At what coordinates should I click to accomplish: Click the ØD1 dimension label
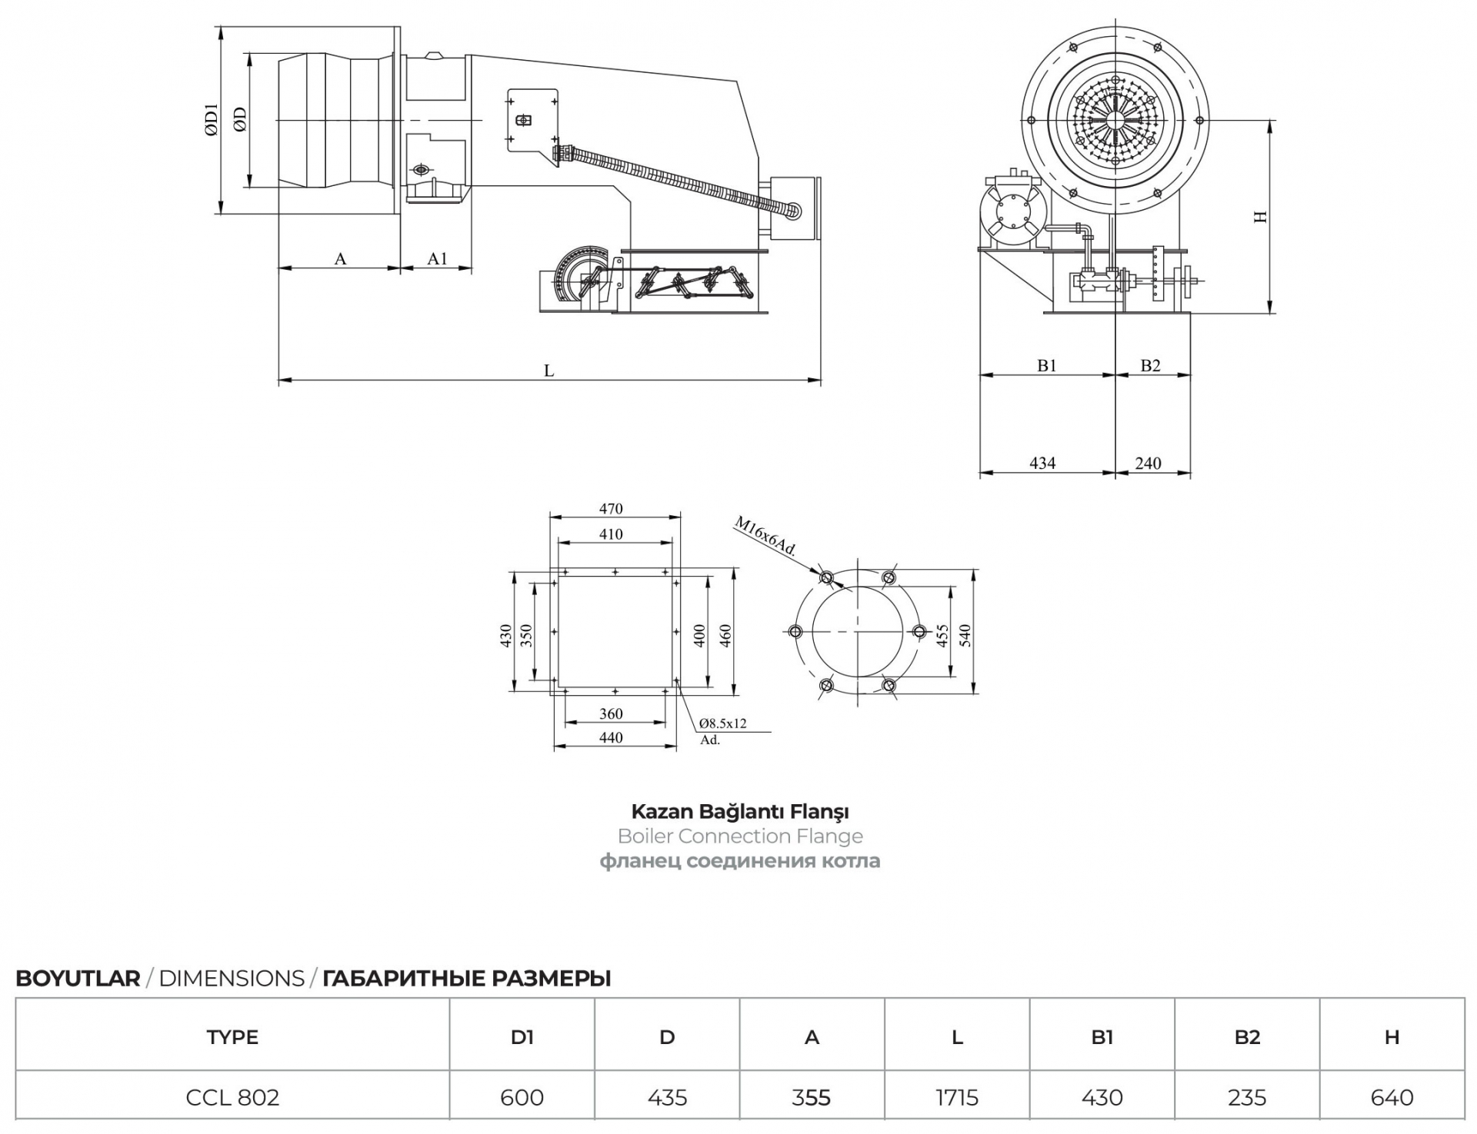[212, 120]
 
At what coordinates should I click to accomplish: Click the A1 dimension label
[437, 258]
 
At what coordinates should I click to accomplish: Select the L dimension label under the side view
[548, 371]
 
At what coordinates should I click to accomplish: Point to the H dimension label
[1260, 217]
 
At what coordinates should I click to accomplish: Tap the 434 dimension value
[1042, 463]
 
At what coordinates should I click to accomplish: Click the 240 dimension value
[1148, 463]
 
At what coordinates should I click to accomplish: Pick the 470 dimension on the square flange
[611, 508]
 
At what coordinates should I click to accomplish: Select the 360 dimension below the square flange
[611, 713]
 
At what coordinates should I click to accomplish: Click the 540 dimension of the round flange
[965, 635]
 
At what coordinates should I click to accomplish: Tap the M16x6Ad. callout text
[765, 536]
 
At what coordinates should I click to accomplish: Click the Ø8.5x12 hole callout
[723, 723]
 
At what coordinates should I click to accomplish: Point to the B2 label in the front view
[1150, 366]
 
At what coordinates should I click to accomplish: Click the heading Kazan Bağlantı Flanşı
[740, 811]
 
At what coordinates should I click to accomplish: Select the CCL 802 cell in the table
[232, 1097]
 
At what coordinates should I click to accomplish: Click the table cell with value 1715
[957, 1097]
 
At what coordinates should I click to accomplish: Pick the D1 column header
[522, 1037]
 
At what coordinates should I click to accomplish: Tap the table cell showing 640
[1392, 1097]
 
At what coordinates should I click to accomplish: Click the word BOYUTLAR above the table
[78, 979]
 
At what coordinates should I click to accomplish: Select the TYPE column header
[232, 1037]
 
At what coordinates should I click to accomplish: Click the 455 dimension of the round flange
[942, 635]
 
